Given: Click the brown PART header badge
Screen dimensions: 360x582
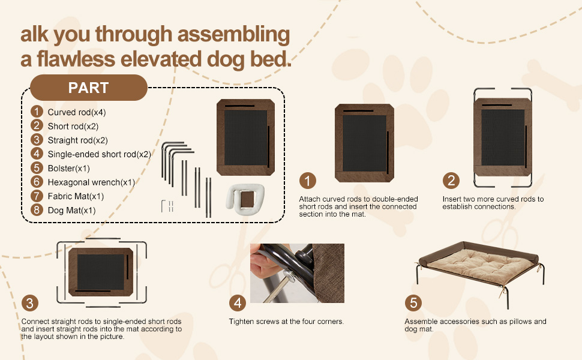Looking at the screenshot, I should [x=88, y=88].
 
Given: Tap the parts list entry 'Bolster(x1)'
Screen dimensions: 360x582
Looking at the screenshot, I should [x=68, y=168].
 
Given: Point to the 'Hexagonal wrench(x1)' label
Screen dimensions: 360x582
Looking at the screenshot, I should [x=91, y=182].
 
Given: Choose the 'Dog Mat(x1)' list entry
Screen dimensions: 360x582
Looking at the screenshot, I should [x=71, y=210].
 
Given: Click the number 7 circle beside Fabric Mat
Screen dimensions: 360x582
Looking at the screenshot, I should [x=37, y=196].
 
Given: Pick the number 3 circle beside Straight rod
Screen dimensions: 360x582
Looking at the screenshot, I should [x=37, y=140].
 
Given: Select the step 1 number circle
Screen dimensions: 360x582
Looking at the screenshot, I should [x=307, y=181].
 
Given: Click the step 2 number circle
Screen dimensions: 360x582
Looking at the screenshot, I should [x=451, y=181].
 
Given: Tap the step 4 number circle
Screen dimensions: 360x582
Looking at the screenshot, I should [x=238, y=302].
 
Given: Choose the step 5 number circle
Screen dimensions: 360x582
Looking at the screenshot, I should [x=413, y=302].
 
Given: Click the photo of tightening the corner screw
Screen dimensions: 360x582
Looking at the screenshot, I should [x=297, y=273].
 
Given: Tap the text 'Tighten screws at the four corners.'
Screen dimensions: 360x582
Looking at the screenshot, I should [x=286, y=322].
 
